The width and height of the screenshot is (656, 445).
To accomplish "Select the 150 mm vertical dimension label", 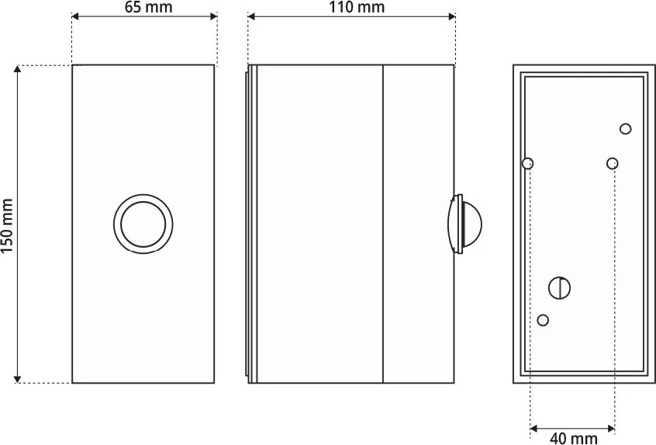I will click(8, 224).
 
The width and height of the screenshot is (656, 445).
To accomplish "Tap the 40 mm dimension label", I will click(573, 438).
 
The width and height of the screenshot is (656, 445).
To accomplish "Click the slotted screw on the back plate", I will click(559, 288).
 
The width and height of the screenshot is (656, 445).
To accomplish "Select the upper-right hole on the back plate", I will click(626, 129).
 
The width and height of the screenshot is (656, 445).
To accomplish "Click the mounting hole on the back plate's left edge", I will click(528, 164).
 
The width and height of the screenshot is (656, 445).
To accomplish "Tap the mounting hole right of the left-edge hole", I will click(613, 163).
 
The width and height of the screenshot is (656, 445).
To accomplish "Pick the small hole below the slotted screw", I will click(543, 320).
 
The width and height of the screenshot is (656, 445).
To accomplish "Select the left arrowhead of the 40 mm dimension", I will click(534, 427).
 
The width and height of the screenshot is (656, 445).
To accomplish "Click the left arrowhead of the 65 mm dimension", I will click(76, 16).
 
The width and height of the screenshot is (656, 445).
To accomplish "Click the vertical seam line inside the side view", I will click(384, 224).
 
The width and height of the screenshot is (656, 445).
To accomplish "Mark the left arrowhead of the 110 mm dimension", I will click(252, 16).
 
